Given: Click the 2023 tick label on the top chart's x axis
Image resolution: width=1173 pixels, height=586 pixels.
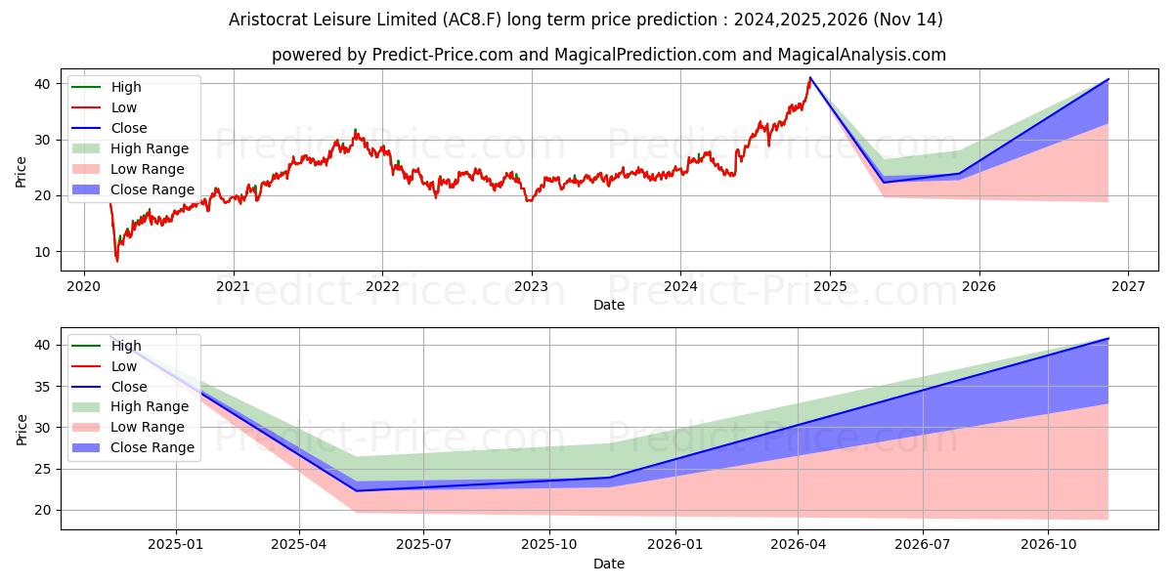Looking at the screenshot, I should pos(531,286).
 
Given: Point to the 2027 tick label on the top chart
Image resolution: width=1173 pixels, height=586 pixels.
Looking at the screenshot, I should pos(1128,286).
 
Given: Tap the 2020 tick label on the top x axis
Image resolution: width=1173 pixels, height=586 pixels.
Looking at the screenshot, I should pos(83,286).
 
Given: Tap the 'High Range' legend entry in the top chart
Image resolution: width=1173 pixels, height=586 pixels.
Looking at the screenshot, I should pos(150,148).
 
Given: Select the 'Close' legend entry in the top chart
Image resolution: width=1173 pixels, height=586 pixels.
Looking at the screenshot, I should pos(129,128).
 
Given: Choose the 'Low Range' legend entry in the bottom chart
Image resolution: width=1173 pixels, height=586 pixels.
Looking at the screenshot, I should pos(148,427).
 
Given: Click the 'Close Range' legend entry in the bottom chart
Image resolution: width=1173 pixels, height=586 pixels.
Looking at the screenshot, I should pos(152,447).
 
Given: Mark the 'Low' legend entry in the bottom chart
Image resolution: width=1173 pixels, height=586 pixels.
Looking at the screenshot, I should pos(124,366).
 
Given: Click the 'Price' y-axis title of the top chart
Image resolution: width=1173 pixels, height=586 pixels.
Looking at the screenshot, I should pos(22,171).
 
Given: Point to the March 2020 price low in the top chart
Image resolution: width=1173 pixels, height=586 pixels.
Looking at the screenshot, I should pos(117,261).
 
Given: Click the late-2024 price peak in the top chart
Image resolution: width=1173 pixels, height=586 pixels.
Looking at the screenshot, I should pos(810,78).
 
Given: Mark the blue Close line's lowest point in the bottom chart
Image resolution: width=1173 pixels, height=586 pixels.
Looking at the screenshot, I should pos(357,490).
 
